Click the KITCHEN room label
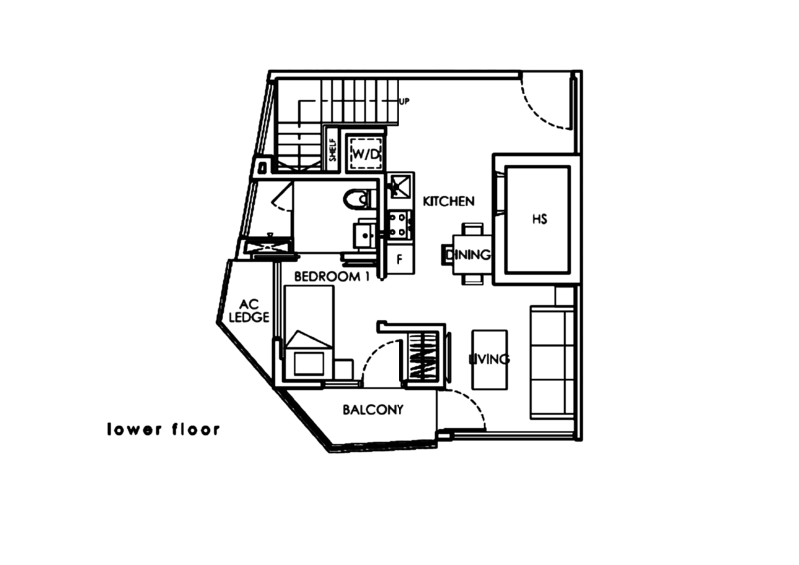[446, 200]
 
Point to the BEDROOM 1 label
[332, 275]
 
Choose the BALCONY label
[374, 410]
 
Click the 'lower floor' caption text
[161, 431]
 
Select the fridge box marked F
[399, 259]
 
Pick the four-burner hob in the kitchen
[399, 185]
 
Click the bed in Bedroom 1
[308, 329]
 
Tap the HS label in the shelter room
[537, 218]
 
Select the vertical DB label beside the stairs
[332, 150]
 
